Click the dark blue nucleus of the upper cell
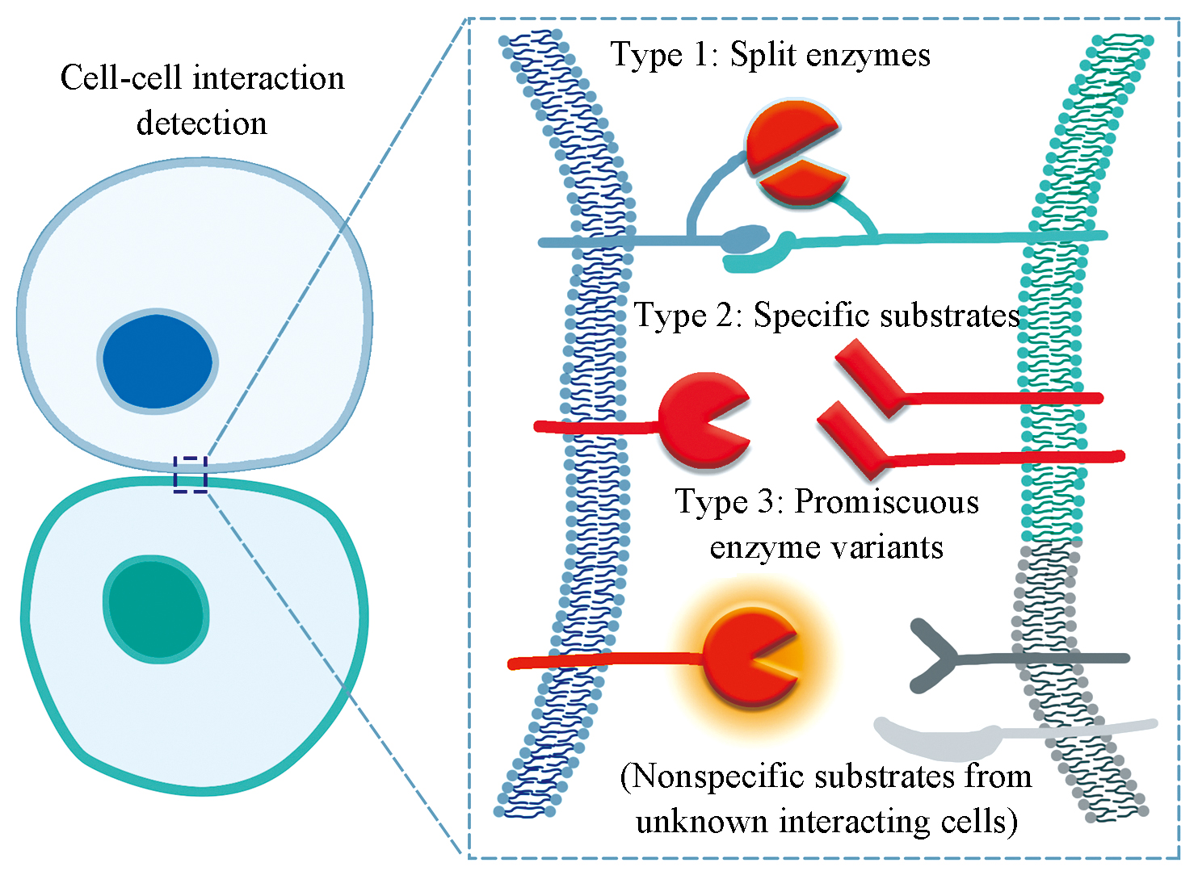click(x=158, y=361)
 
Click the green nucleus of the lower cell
click(x=156, y=609)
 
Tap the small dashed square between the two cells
click(x=191, y=475)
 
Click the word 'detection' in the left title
click(x=201, y=124)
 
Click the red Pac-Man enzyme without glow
click(x=699, y=420)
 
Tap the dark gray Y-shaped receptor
click(x=937, y=656)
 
